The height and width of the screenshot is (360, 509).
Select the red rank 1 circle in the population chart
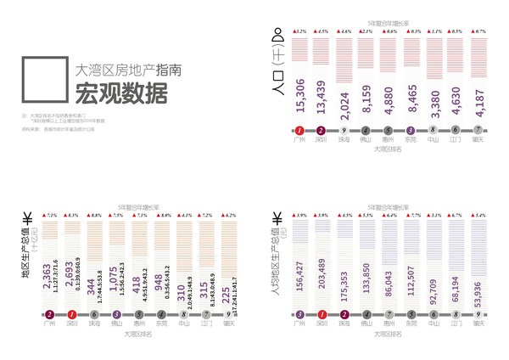(x=299, y=131)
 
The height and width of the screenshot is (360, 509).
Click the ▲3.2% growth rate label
(x=299, y=31)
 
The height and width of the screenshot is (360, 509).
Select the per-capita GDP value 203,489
(x=322, y=276)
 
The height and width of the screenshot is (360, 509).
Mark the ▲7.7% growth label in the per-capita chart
(x=413, y=216)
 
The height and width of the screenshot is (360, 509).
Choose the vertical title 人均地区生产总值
(x=276, y=256)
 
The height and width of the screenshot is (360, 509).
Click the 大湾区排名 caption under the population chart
(x=390, y=149)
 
